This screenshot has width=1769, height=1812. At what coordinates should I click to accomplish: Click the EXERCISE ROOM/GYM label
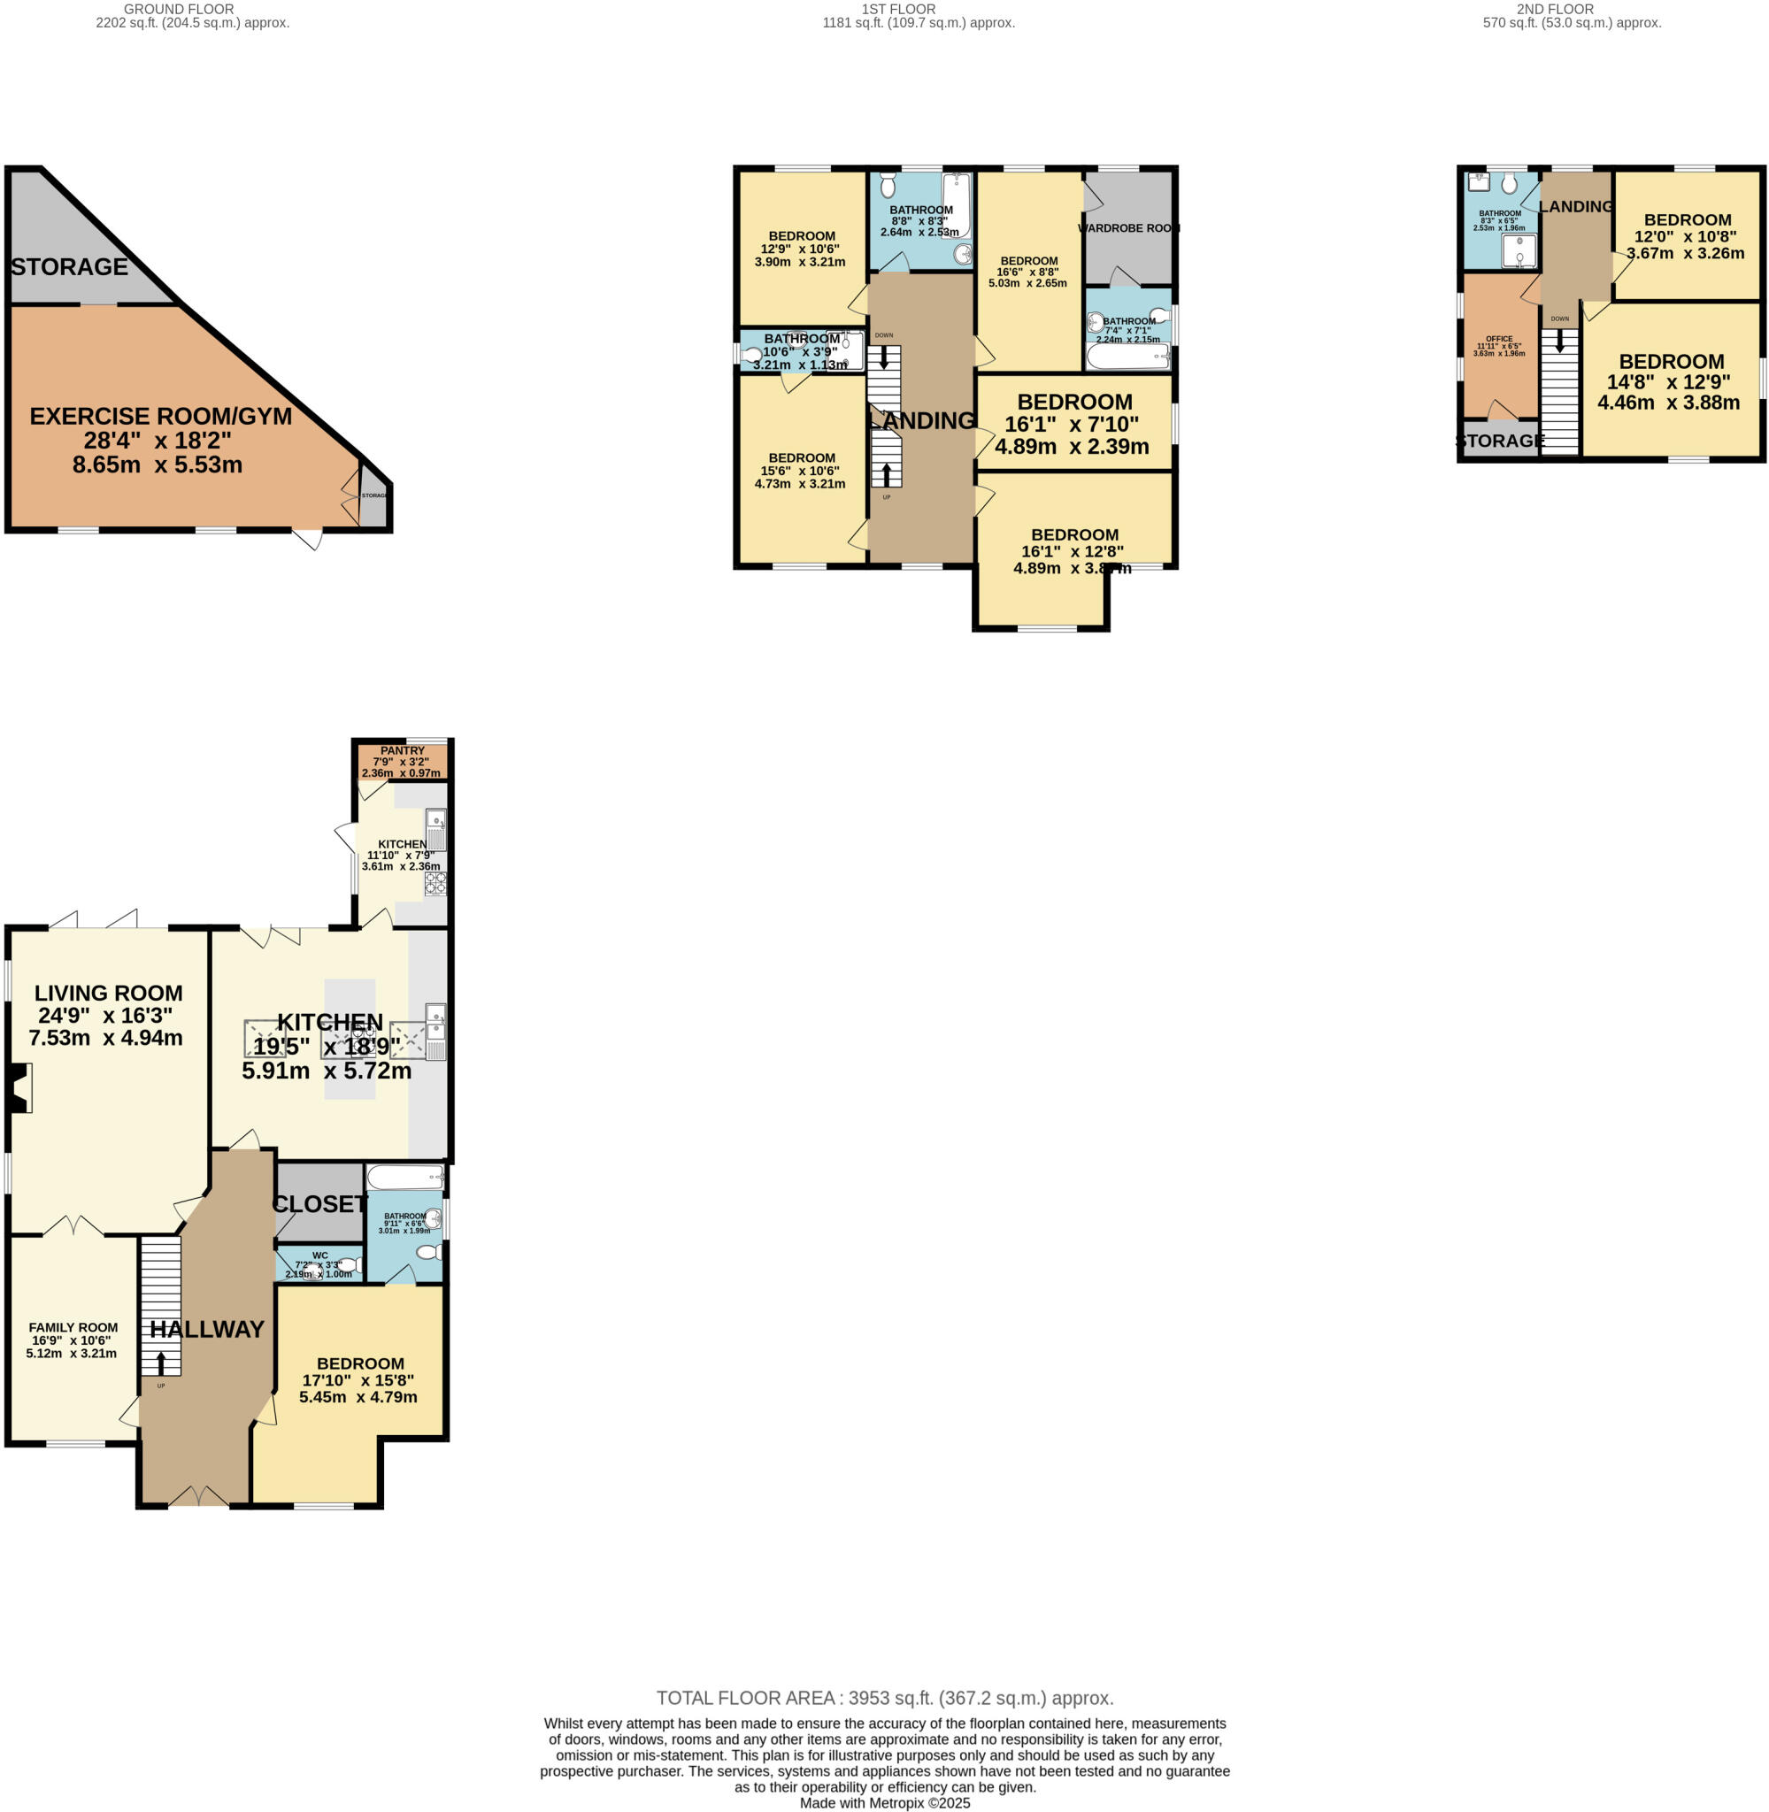click(x=161, y=416)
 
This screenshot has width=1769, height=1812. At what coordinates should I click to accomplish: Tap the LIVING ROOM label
click(x=109, y=993)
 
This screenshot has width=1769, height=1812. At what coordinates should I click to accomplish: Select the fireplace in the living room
click(x=19, y=1087)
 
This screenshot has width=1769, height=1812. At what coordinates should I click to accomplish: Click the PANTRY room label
click(x=403, y=750)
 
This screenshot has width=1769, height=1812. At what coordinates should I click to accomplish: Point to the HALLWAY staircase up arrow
click(x=161, y=1363)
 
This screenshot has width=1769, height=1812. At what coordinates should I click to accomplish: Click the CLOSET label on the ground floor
click(x=319, y=1203)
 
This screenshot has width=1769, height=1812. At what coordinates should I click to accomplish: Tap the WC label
click(x=319, y=1255)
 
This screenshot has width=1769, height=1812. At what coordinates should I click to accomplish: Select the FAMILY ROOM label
click(x=73, y=1327)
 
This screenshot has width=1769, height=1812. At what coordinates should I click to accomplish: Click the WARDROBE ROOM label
click(x=1129, y=227)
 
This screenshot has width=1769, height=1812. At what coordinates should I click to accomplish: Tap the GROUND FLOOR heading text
click(x=180, y=9)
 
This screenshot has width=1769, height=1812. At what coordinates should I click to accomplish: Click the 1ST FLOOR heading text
click(x=898, y=9)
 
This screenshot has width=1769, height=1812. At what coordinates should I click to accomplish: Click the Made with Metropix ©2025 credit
click(x=885, y=1803)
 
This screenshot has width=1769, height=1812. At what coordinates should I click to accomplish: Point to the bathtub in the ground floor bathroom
click(x=405, y=1178)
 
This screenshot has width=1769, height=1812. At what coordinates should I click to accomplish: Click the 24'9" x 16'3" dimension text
click(x=105, y=1015)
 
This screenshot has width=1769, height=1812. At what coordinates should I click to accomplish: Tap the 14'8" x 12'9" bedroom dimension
click(x=1669, y=381)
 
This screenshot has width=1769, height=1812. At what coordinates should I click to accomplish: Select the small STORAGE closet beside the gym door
click(x=373, y=496)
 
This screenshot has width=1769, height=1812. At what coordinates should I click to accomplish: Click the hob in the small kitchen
click(x=435, y=882)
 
